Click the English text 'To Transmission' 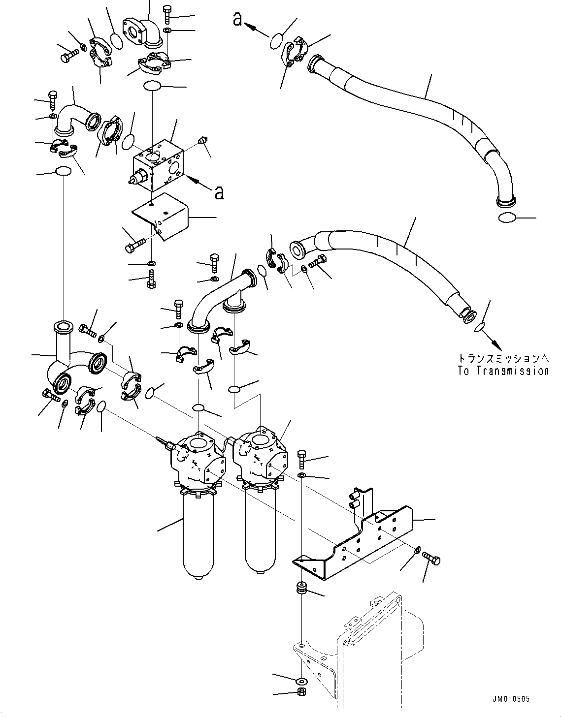tap(502, 371)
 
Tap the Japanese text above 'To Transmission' tap(502, 358)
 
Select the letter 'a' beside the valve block tap(219, 192)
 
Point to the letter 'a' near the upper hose tap(237, 19)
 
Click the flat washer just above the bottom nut tap(300, 681)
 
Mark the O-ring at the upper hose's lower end tap(507, 218)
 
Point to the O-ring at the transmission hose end tap(479, 327)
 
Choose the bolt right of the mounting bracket tap(431, 559)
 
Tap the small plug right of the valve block tap(201, 142)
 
